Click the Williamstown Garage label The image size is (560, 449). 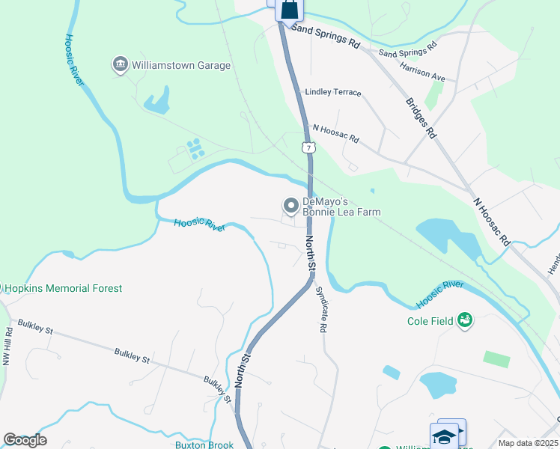coord(181,65)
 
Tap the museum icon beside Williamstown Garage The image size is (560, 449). coord(120,65)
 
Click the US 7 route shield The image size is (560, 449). coord(308,147)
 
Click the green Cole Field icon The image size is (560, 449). coord(466,320)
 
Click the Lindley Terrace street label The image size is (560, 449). coord(333,93)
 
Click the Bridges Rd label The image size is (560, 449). coord(421,118)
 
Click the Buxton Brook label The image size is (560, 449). coord(204,445)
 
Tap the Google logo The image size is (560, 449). coord(25,439)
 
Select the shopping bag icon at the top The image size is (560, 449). coord(290,10)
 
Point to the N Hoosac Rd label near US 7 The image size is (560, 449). coord(336,134)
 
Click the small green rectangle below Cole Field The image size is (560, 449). coord(496,358)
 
